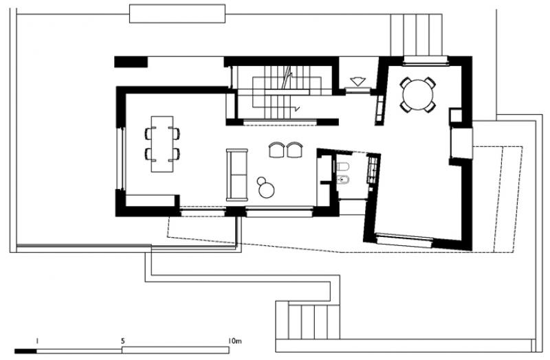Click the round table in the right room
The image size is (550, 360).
tap(418, 95)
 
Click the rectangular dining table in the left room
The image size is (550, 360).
tap(162, 144)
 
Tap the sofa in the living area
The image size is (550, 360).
tap(237, 175)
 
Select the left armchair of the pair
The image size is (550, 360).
tap(277, 150)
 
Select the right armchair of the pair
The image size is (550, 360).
tap(294, 150)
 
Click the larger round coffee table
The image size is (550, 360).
tap(266, 190)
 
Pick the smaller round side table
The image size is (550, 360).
tap(262, 181)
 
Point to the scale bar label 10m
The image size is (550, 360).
tap(234, 340)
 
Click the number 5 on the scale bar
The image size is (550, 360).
tap(122, 340)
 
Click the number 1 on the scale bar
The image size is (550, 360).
tap(37, 340)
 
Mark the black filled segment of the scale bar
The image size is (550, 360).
tap(25, 351)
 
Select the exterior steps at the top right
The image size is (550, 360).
tap(416, 35)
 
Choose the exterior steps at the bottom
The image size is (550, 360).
tap(307, 322)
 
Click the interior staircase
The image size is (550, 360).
tap(280, 92)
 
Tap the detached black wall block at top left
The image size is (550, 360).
tap(131, 62)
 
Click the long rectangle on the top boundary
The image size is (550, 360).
tap(177, 14)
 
